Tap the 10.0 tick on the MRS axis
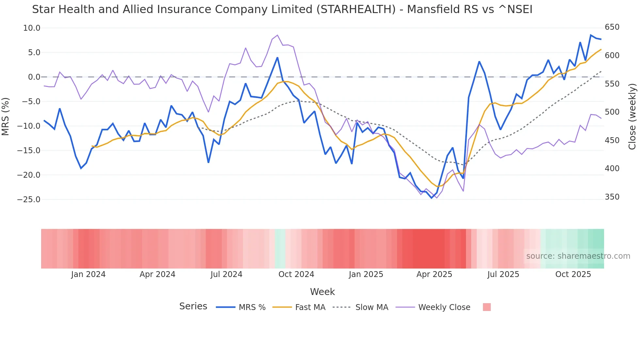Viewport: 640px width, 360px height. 32,28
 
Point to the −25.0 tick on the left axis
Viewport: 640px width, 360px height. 29,200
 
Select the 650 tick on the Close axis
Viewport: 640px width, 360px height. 612,27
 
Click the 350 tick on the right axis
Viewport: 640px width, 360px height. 612,197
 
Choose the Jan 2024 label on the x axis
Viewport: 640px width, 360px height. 88,274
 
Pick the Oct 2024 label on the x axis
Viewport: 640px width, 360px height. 296,274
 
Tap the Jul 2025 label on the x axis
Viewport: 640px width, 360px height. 503,274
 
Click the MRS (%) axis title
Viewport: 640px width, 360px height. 6,116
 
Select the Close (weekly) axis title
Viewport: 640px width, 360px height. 632,116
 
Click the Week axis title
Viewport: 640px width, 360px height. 322,292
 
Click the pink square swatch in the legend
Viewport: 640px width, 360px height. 487,307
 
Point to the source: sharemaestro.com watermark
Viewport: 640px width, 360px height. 578,256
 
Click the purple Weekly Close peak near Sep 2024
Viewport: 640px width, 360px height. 277,35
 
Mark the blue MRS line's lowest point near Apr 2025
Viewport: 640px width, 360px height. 431,198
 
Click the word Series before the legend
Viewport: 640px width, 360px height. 193,306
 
